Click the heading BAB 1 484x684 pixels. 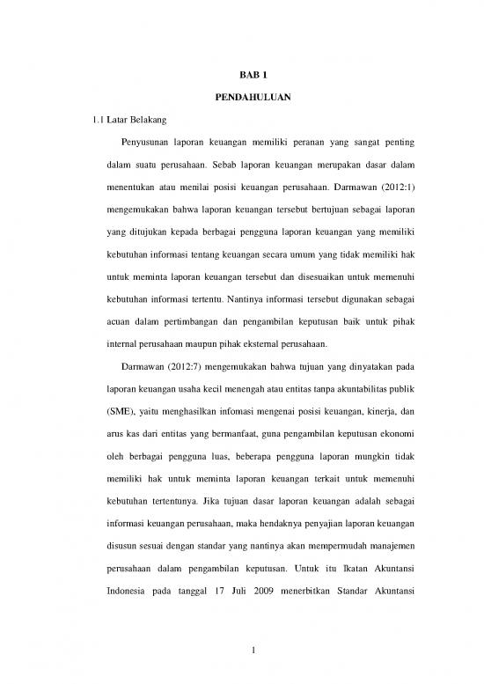[241, 77]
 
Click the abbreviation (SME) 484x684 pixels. [109, 410]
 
